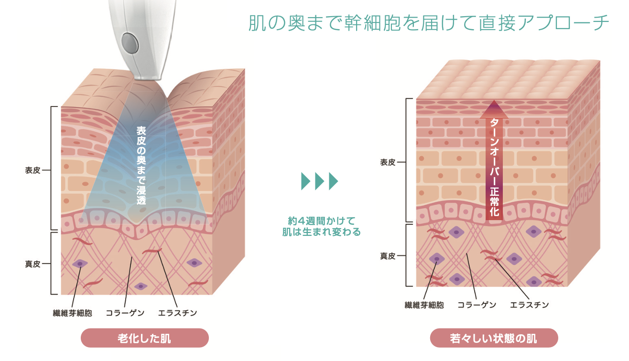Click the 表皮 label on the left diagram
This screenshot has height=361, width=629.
pyautogui.click(x=33, y=170)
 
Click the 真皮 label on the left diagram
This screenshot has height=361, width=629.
pyautogui.click(x=33, y=263)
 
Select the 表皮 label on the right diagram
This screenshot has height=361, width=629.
pyautogui.click(x=388, y=162)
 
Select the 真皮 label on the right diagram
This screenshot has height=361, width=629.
pyautogui.click(x=388, y=256)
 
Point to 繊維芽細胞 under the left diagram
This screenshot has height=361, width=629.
pyautogui.click(x=72, y=313)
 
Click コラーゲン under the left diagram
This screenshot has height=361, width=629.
pyautogui.click(x=125, y=313)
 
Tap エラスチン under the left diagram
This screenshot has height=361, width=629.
pyautogui.click(x=177, y=313)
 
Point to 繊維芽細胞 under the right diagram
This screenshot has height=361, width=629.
pyautogui.click(x=424, y=305)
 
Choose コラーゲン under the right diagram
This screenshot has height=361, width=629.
pyautogui.click(x=477, y=305)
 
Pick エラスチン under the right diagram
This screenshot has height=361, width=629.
pyautogui.click(x=529, y=305)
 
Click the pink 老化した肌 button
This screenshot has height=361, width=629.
pyautogui.click(x=144, y=339)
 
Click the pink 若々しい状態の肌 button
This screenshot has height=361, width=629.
pyautogui.click(x=494, y=339)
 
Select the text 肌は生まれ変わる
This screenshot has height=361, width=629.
pyautogui.click(x=321, y=233)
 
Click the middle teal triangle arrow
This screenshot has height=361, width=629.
pyautogui.click(x=320, y=181)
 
